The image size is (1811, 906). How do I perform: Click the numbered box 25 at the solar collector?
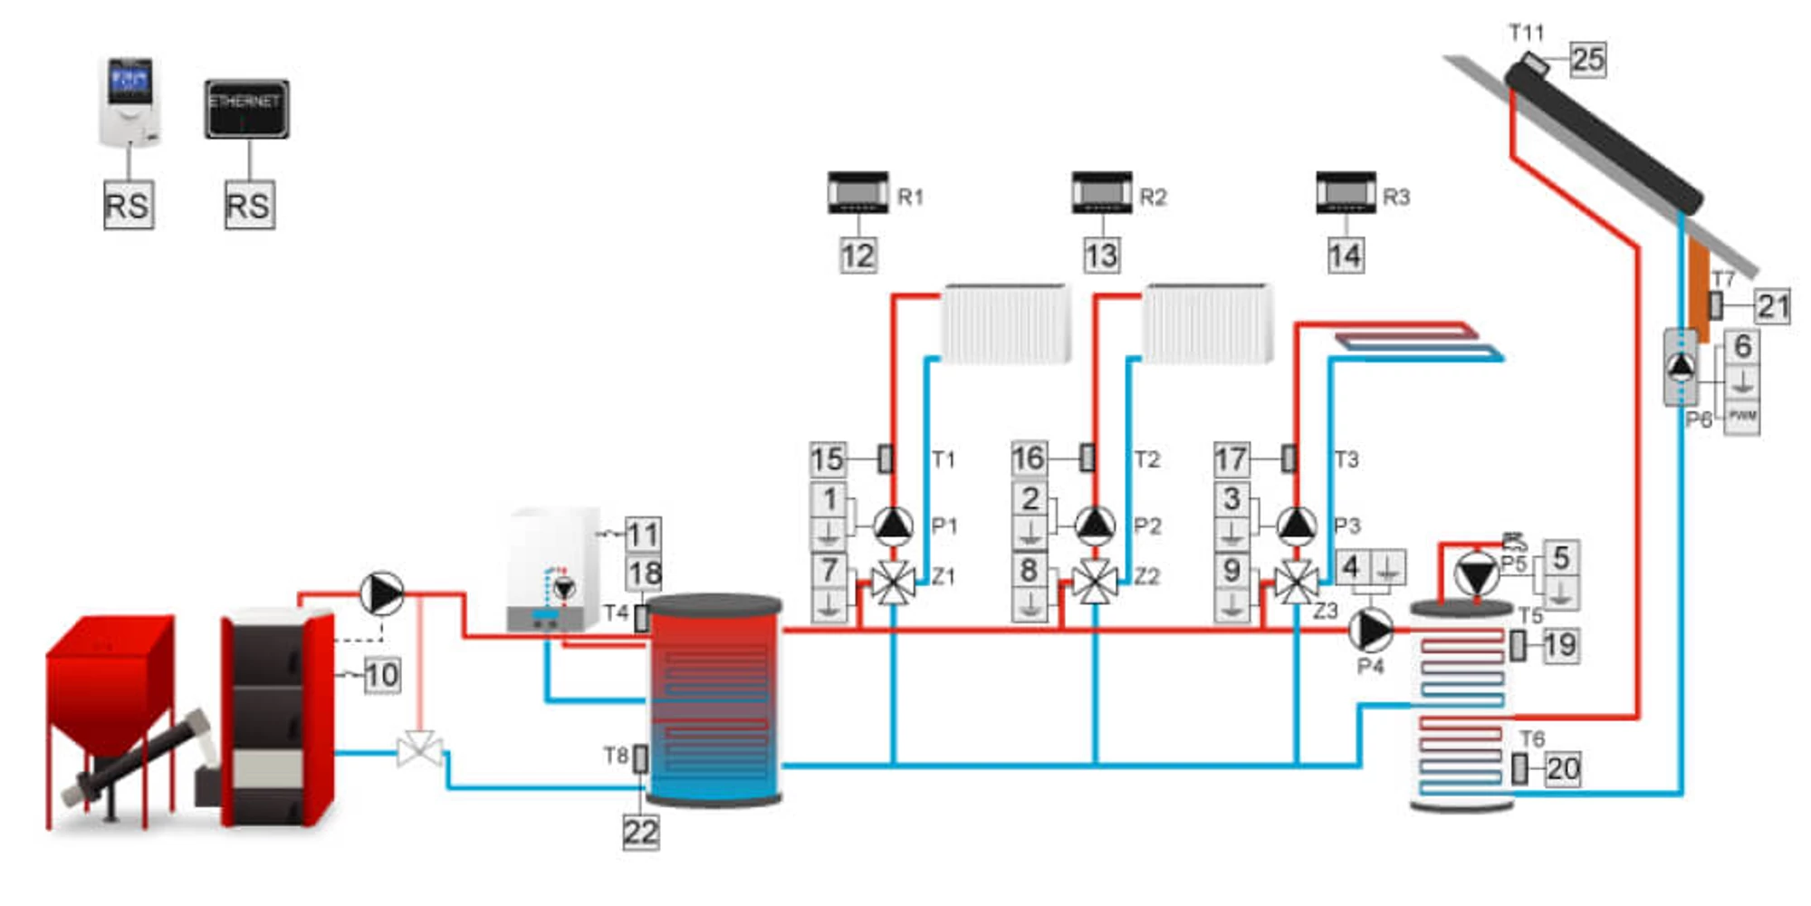point(1588,60)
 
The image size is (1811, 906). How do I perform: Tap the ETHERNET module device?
point(246,109)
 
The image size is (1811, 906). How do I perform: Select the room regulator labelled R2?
point(1101,193)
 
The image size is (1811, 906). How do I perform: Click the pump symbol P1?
point(893,525)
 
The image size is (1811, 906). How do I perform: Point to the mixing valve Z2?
point(1095,583)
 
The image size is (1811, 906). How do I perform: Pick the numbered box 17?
point(1231,459)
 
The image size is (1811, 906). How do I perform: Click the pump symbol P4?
point(1371,630)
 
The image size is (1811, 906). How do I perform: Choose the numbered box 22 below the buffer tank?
point(641,832)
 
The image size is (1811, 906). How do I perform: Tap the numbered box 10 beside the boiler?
point(382,675)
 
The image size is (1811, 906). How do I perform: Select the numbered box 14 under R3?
point(1346,255)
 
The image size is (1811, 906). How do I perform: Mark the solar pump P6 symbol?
point(1682,366)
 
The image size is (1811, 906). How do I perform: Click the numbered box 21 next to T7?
point(1772,306)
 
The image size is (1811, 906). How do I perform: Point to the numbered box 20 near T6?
point(1563,769)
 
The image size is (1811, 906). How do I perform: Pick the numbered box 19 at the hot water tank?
point(1560,646)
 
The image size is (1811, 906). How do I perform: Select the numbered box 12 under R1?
point(858,255)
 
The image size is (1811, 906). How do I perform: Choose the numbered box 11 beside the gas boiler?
point(643,535)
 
